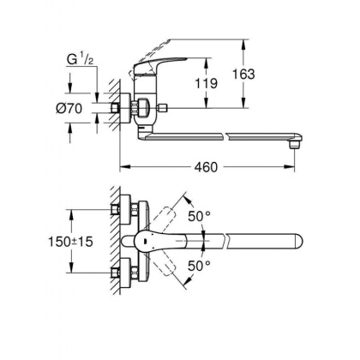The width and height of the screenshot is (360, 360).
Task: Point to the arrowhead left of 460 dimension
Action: (122, 164)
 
